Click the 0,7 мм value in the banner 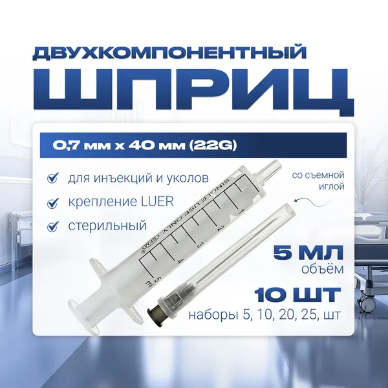[81, 145]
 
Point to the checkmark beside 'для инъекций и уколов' [52, 178]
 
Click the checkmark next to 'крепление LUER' [52, 202]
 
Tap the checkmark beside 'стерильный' [52, 226]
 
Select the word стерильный [107, 226]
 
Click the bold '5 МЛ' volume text [308, 252]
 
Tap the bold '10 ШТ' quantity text [297, 295]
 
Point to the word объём [323, 268]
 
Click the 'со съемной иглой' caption [318, 180]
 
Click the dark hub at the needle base [154, 313]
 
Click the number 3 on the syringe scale [200, 244]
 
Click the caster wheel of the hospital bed [369, 301]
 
